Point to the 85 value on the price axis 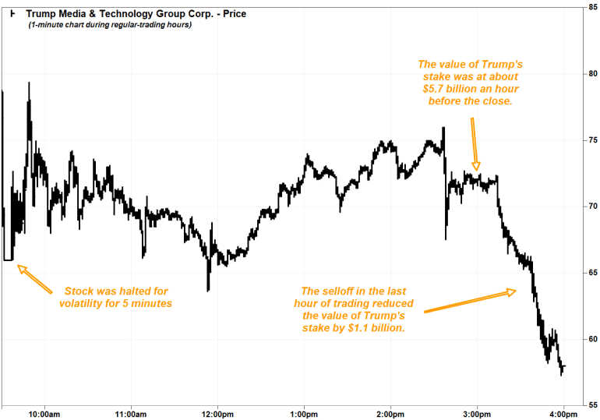[x=593, y=8]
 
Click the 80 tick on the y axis [x=593, y=74]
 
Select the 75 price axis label [x=593, y=140]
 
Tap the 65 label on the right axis [x=593, y=273]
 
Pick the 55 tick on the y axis [x=593, y=405]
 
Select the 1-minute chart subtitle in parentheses [x=110, y=25]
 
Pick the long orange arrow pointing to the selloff [x=470, y=302]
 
